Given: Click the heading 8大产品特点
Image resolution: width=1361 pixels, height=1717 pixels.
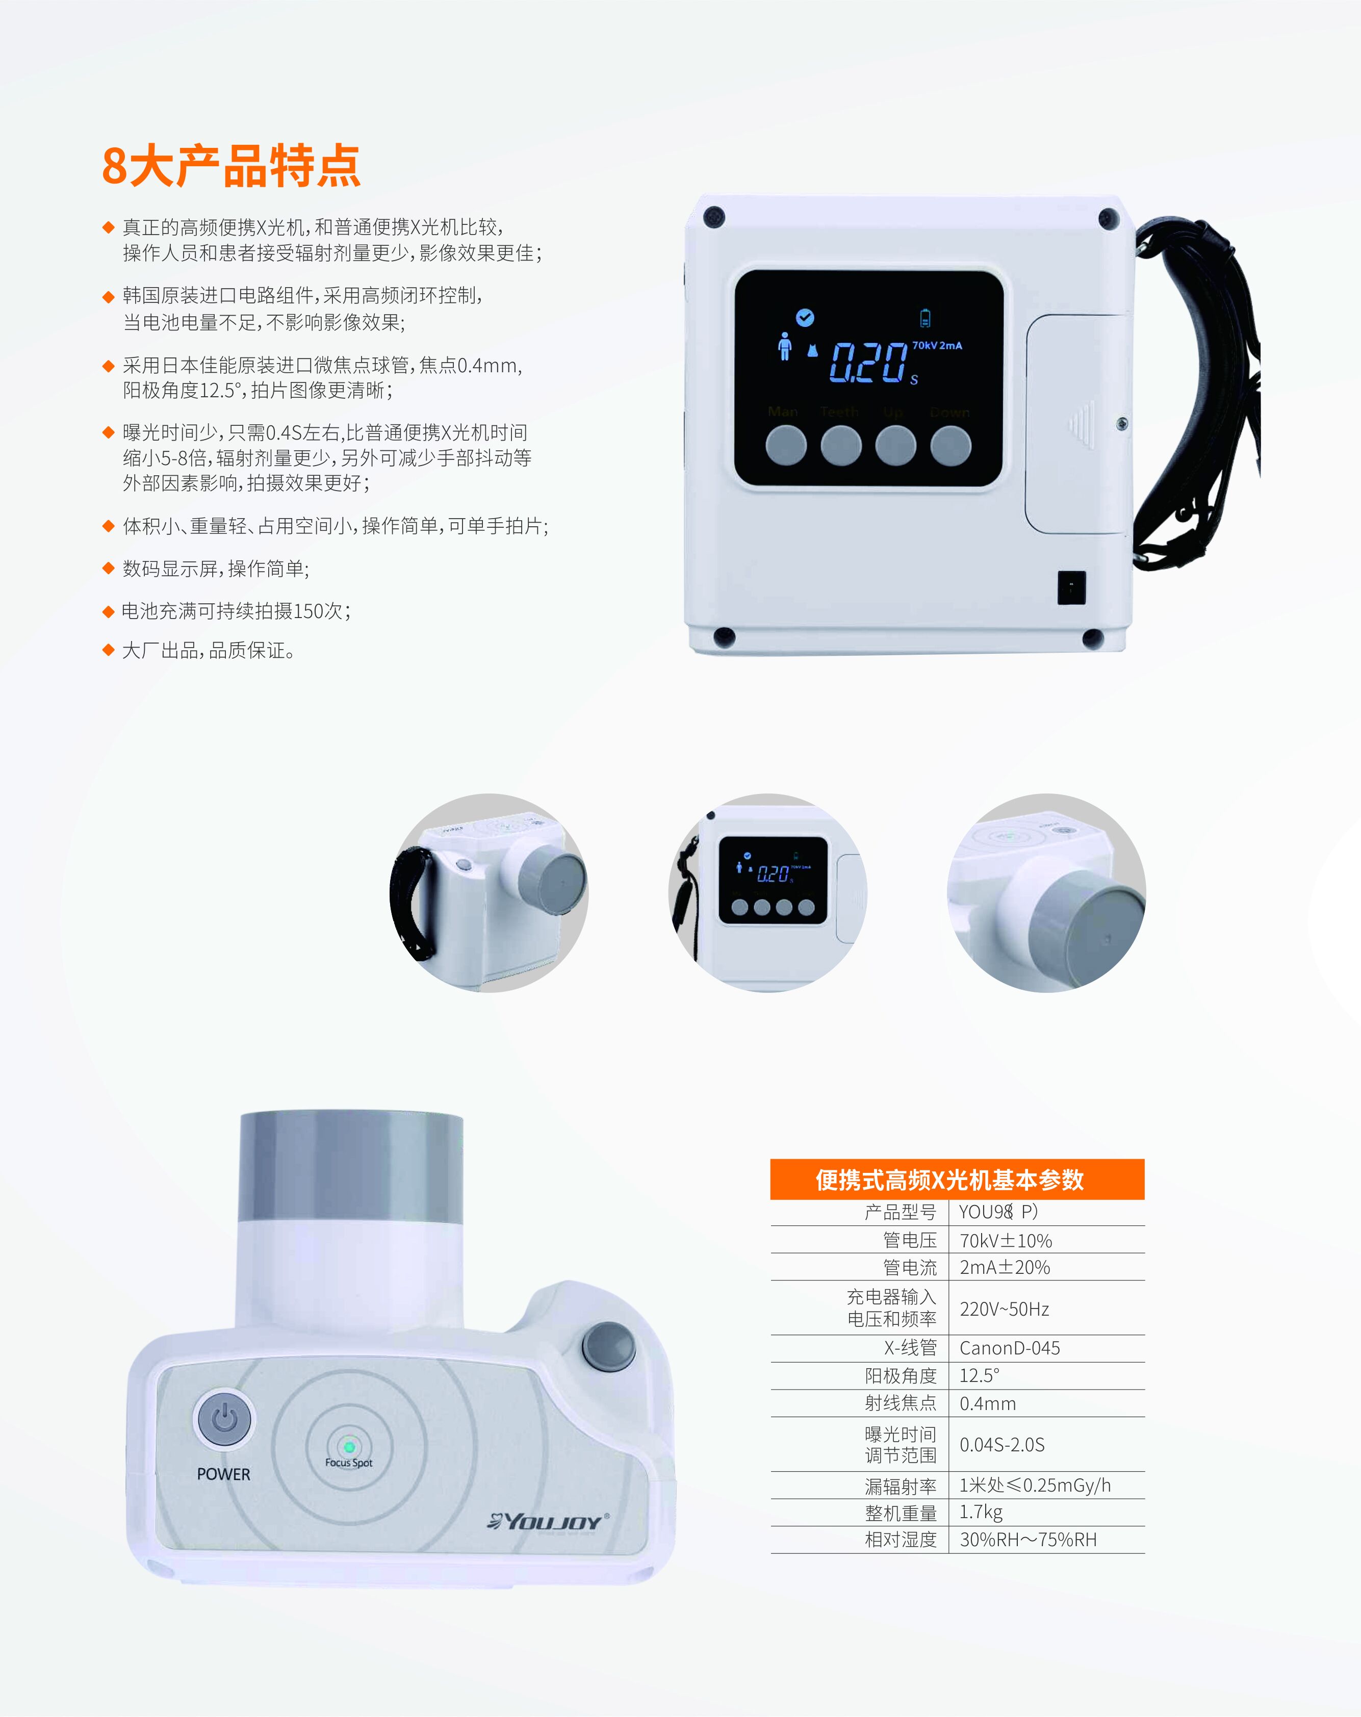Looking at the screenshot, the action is click(231, 166).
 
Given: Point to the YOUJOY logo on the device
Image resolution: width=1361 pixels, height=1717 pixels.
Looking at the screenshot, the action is click(548, 1521).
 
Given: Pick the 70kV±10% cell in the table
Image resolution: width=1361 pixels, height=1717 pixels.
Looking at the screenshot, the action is click(1005, 1240).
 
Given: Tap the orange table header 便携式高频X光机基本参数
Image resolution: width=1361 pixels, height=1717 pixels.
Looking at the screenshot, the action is click(957, 1180).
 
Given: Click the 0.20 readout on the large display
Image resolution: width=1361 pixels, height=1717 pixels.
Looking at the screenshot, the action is click(868, 363).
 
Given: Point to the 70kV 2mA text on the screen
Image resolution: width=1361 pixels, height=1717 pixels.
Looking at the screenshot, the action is click(937, 346).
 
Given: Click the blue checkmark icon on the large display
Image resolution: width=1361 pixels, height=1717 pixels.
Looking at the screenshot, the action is click(805, 318).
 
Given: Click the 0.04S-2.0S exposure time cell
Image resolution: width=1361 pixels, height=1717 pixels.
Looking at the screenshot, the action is click(1002, 1444).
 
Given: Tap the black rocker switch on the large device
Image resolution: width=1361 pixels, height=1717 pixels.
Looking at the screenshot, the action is click(1071, 588).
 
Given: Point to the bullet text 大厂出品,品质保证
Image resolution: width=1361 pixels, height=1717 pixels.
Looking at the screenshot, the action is click(209, 651).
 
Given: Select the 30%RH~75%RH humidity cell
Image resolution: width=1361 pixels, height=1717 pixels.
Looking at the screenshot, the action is click(1028, 1540).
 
